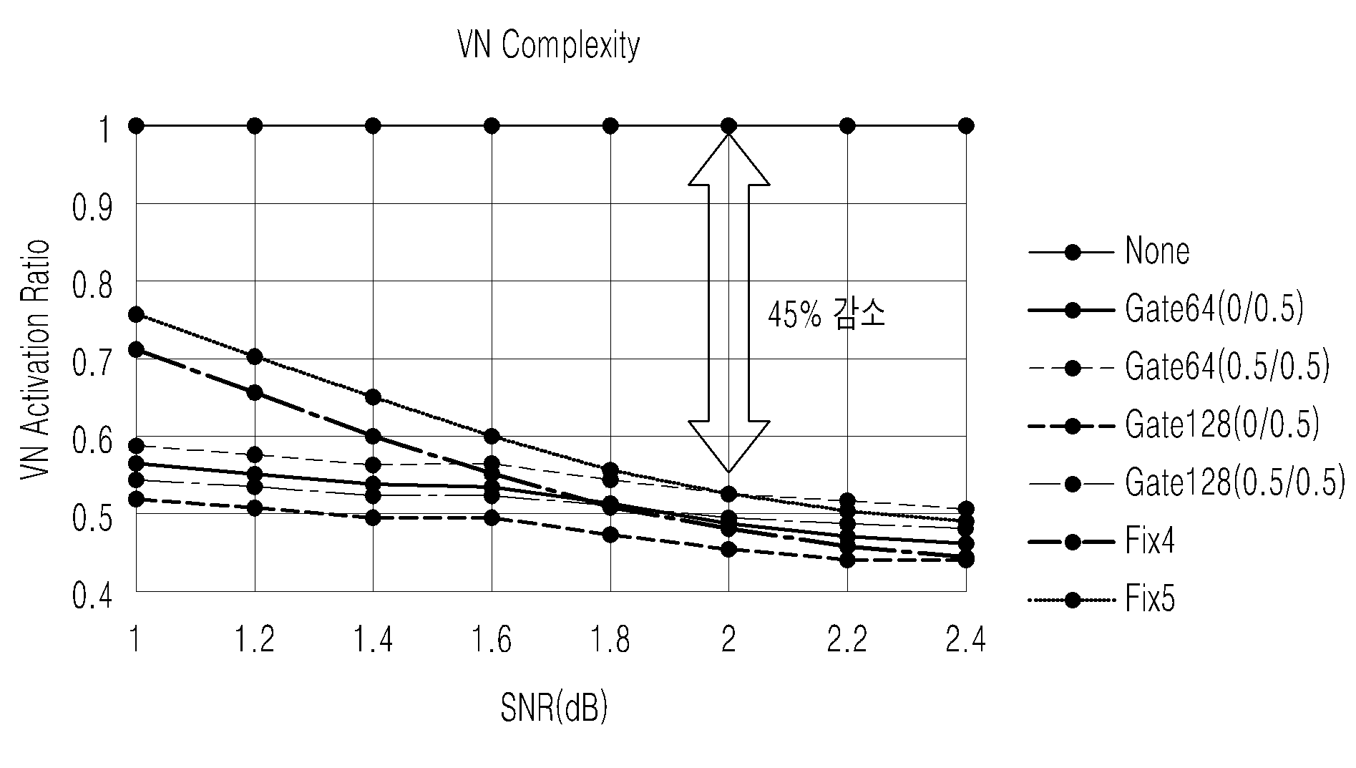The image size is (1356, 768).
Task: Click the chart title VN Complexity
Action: point(548,47)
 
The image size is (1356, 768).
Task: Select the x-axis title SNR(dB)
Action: point(554,707)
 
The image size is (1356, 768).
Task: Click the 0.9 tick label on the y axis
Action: point(93,208)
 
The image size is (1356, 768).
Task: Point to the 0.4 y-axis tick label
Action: point(93,596)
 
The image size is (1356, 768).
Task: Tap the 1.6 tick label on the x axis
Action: point(492,640)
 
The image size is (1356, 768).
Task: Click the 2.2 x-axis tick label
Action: point(847,640)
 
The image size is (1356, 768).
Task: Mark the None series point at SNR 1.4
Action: point(373,126)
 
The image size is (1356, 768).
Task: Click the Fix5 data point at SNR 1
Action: point(136,314)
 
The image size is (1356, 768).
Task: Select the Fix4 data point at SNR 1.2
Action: point(255,392)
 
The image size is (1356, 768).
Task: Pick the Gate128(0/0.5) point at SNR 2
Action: point(728,550)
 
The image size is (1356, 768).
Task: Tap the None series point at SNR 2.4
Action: point(965,126)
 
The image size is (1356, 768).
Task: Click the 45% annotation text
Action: point(794,316)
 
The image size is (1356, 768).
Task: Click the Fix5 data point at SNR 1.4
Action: point(373,397)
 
